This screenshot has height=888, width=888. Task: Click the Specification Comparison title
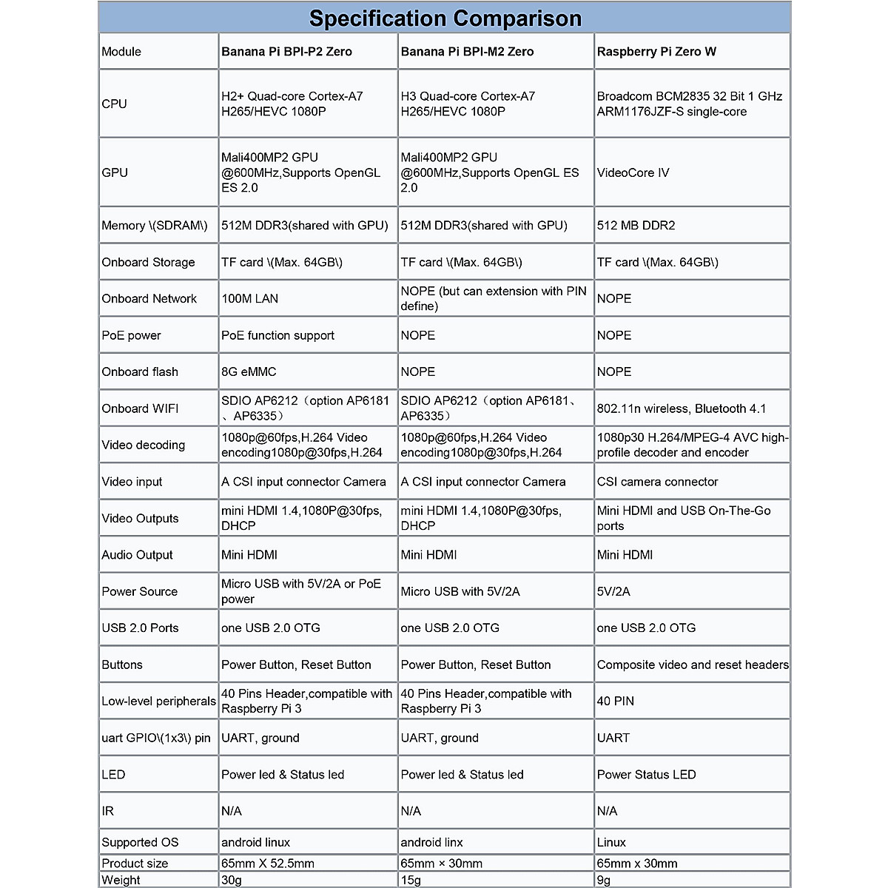(x=445, y=18)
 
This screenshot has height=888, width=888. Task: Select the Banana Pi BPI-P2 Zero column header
(x=286, y=52)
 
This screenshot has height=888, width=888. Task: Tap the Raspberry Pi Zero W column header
(x=656, y=52)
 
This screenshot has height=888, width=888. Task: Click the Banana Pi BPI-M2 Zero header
(x=467, y=52)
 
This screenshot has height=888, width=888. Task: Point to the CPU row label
(x=115, y=104)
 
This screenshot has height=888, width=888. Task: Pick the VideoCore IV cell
(x=633, y=172)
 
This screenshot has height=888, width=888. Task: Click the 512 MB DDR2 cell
(x=636, y=226)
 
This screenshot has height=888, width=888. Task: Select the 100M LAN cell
(x=250, y=299)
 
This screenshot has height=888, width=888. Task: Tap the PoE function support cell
(x=277, y=335)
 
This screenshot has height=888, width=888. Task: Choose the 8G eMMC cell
(x=249, y=371)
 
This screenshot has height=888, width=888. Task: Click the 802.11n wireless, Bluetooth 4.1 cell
(x=682, y=408)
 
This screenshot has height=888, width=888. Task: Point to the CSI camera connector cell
(x=657, y=482)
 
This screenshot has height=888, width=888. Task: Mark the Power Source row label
(x=140, y=591)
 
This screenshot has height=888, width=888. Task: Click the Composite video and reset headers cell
(x=692, y=665)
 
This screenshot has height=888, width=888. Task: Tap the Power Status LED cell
(x=646, y=775)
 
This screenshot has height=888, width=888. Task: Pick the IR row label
(x=108, y=811)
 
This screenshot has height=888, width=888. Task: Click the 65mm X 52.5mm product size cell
(x=268, y=864)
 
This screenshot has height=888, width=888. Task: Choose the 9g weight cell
(x=604, y=880)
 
